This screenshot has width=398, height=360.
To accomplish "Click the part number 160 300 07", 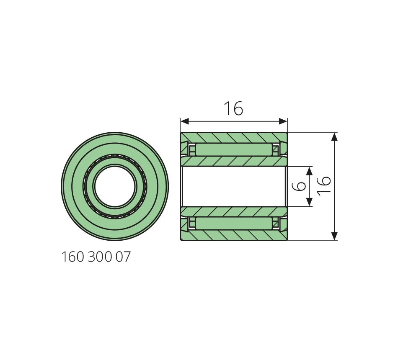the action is point(96,257).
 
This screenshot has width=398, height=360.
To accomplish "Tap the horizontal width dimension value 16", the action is point(233,108).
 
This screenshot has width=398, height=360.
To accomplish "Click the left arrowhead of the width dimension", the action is point(185,121).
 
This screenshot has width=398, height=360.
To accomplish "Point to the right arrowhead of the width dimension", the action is point(283,121).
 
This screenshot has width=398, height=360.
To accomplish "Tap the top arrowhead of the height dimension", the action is point(335,137).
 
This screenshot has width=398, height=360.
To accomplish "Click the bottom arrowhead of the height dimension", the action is point(335,236).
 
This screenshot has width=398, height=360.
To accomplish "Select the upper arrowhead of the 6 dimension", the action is point(309,171).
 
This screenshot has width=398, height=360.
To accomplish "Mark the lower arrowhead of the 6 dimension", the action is point(309,202).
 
